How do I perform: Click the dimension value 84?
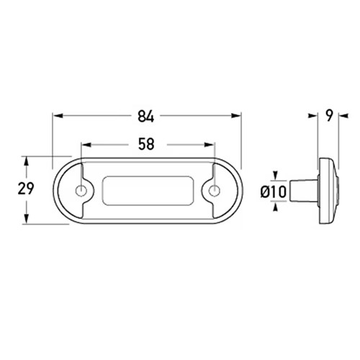[146, 117]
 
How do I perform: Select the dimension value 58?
[146, 145]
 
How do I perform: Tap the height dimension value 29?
[26, 189]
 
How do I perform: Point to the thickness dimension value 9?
[330, 116]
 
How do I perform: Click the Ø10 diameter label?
[274, 192]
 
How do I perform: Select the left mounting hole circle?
[81, 191]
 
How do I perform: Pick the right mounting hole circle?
[215, 191]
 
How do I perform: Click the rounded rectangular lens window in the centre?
[148, 191]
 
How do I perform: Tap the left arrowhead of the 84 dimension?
[58, 116]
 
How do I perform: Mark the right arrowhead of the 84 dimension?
[235, 116]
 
